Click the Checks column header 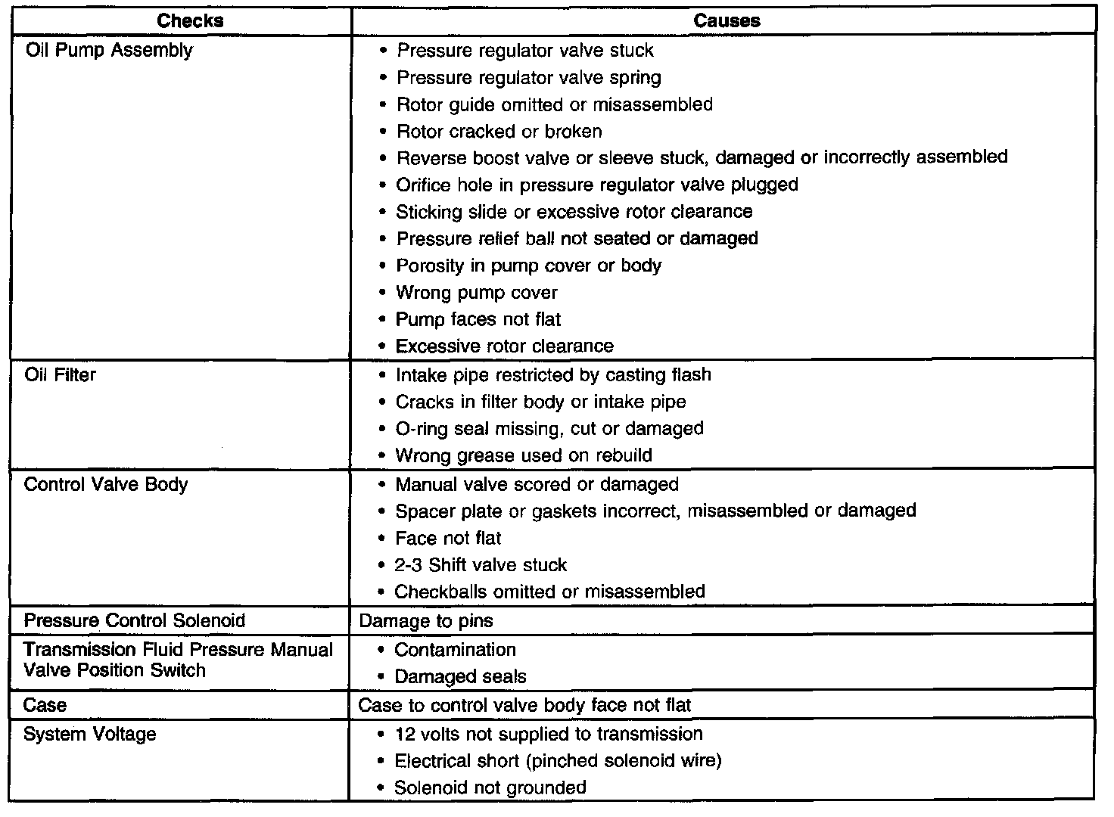click(x=190, y=20)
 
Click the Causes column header click(x=727, y=20)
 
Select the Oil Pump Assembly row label click(x=109, y=51)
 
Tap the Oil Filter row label click(x=61, y=375)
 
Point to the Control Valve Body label click(x=106, y=484)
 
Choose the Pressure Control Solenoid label click(x=135, y=621)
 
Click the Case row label click(x=45, y=706)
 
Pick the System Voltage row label click(x=90, y=735)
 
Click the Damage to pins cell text click(x=425, y=621)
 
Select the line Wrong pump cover click(x=477, y=293)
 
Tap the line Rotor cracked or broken click(x=499, y=132)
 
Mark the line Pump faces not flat click(x=478, y=319)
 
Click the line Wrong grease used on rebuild click(x=524, y=455)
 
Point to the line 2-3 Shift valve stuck click(x=481, y=565)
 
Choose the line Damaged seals click(x=460, y=676)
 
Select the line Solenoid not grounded click(x=490, y=787)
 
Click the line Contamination click(x=456, y=650)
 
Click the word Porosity click(x=429, y=266)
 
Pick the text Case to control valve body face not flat click(x=524, y=706)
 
